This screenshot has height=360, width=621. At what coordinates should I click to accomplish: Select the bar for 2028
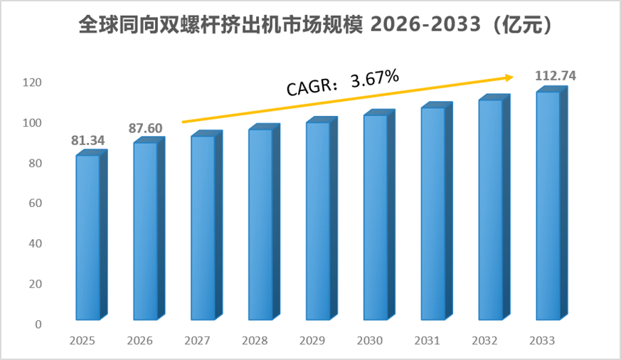(264, 222)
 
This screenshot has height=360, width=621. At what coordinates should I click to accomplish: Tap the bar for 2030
(379, 215)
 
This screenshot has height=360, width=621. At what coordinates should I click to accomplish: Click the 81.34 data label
(88, 141)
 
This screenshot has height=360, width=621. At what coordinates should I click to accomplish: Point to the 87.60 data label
(145, 128)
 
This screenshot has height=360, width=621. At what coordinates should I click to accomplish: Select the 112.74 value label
(556, 75)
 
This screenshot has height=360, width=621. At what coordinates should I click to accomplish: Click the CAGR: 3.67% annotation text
(343, 83)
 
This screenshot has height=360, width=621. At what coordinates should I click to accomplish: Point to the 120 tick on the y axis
(32, 83)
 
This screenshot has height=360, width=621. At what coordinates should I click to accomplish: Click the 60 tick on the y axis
(36, 203)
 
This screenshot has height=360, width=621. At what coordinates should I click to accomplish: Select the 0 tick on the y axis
(38, 324)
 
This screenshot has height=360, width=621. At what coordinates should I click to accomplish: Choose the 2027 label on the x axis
(197, 341)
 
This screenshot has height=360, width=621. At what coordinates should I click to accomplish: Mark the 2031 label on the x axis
(428, 341)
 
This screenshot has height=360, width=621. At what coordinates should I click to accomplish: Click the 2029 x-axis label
(312, 341)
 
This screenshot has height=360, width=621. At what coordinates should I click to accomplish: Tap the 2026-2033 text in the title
(425, 25)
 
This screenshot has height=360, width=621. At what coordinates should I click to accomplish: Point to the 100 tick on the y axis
(32, 123)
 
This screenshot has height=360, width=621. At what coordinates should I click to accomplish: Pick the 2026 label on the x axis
(140, 341)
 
